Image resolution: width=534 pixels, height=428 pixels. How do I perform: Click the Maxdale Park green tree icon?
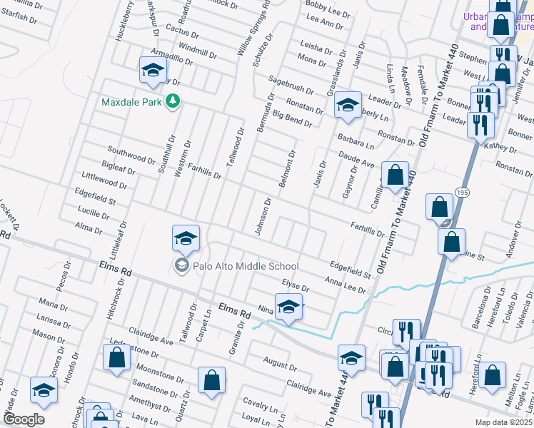(x=171, y=102)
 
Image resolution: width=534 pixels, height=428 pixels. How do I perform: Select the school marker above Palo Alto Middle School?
(x=186, y=238)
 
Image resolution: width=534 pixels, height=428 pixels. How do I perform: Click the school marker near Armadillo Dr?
(x=153, y=71)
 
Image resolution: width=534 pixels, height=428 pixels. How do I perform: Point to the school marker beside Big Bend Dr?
(x=348, y=105)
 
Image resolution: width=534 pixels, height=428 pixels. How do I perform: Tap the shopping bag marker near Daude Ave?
(x=395, y=175)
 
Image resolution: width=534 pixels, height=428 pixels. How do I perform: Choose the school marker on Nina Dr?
(x=288, y=307)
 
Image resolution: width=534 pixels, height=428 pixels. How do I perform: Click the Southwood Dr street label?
(x=131, y=155)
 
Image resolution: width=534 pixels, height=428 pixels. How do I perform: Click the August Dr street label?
(x=279, y=363)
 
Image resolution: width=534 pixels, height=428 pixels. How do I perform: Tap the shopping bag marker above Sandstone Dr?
(x=212, y=380)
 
